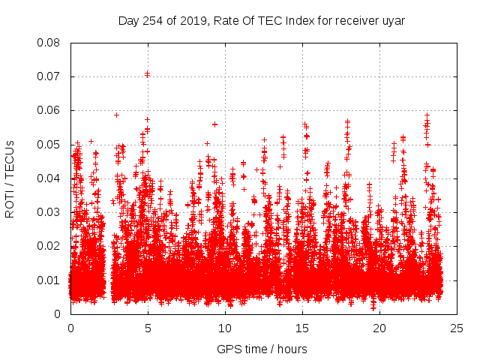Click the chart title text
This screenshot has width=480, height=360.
pos(261,20)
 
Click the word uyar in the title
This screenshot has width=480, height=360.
pos(393,20)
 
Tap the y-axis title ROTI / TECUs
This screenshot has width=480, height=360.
pos(10,178)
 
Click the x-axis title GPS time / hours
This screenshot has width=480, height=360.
pos(262,349)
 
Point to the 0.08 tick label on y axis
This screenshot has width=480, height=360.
pos(49,43)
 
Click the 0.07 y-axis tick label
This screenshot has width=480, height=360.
pos(49,76)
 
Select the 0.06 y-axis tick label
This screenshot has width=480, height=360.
pos(49,110)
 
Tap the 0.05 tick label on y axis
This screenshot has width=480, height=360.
pos(49,145)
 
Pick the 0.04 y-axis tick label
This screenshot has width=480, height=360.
pos(49,178)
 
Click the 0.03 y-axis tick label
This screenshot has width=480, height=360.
pos(49,212)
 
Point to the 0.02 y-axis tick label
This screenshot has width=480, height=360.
pos(49,246)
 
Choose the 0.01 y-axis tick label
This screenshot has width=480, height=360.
pos(49,280)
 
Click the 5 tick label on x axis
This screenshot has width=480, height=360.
pos(148,328)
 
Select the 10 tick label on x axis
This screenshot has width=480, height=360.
pos(225,328)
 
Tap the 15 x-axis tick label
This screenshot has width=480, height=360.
pos(302,328)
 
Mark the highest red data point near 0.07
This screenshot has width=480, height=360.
pos(148,73)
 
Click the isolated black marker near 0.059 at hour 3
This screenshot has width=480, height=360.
pos(116,115)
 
